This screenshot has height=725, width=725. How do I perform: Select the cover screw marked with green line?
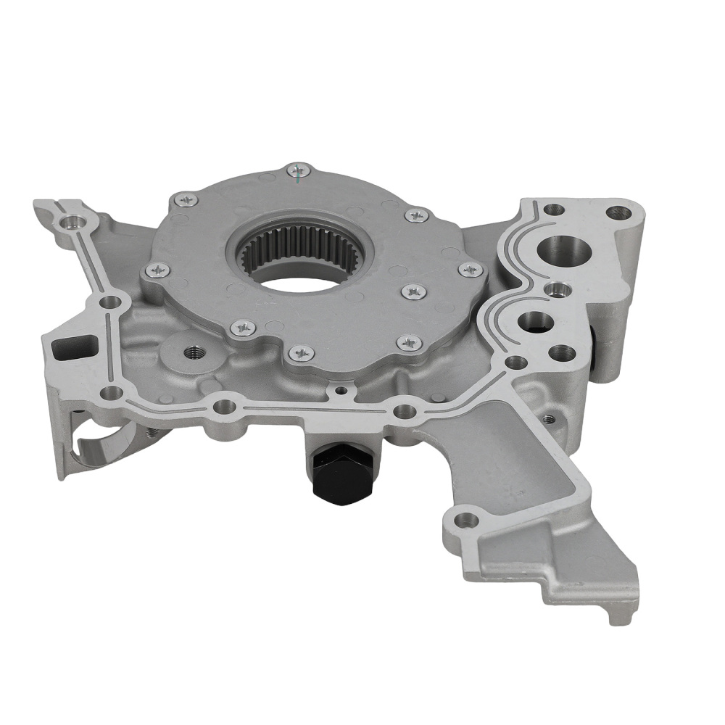tap(297, 171)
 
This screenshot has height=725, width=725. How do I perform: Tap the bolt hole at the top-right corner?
tap(618, 212)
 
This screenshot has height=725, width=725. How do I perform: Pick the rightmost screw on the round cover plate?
tap(471, 270)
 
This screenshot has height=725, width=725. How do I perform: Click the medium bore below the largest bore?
tap(535, 321)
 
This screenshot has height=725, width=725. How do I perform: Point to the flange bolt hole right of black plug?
tap(405, 412)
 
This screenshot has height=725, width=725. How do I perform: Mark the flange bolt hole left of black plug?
tap(225, 406)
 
